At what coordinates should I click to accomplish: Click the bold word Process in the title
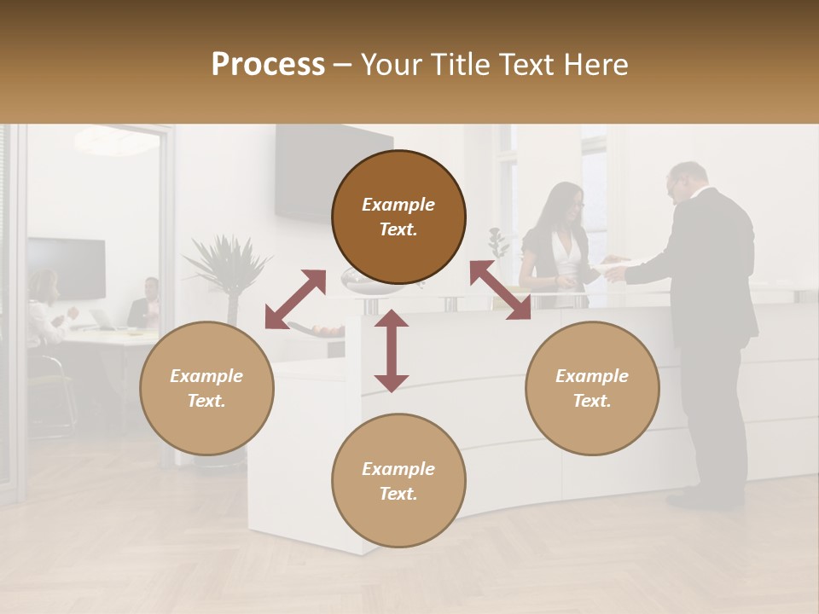pos(268,65)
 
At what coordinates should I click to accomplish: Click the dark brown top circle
pos(398,217)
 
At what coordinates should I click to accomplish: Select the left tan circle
pos(206,388)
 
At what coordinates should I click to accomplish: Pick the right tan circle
pos(592,388)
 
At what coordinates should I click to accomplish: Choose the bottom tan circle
pos(398,480)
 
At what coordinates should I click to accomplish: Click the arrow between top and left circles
pos(295,299)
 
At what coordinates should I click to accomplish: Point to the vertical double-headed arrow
pos(392,350)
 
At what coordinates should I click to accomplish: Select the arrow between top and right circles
pos(500,290)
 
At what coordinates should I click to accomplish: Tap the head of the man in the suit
pos(687,181)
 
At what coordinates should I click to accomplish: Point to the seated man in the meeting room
pos(146,304)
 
